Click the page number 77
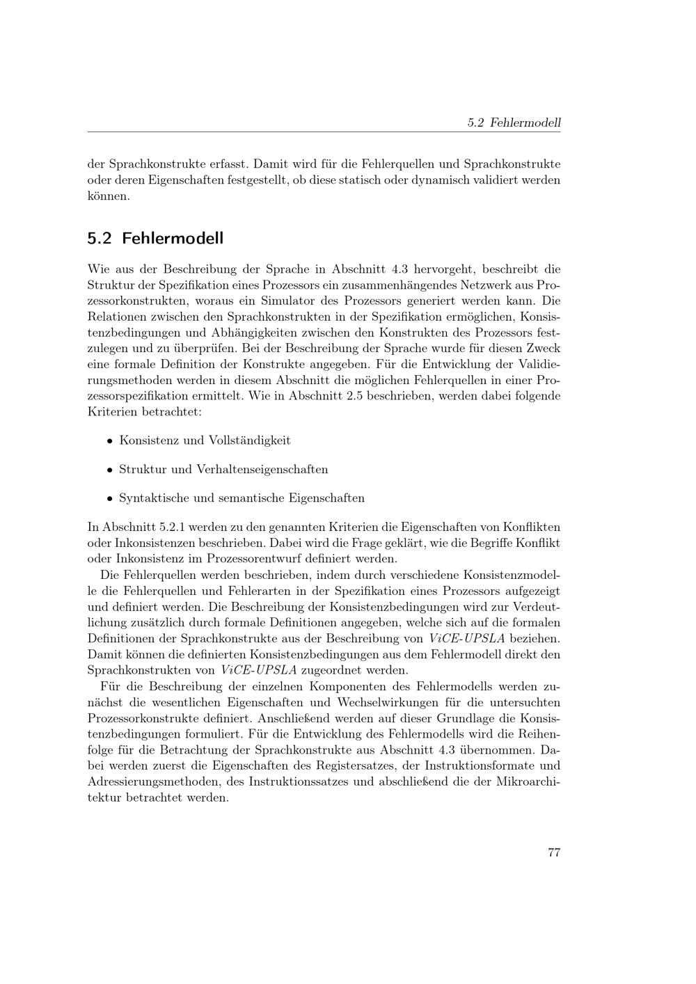[554, 853]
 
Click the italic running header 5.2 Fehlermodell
[514, 123]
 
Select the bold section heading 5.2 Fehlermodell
[155, 238]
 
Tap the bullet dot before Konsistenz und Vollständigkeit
[110, 441]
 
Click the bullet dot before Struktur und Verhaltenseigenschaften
[110, 470]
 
